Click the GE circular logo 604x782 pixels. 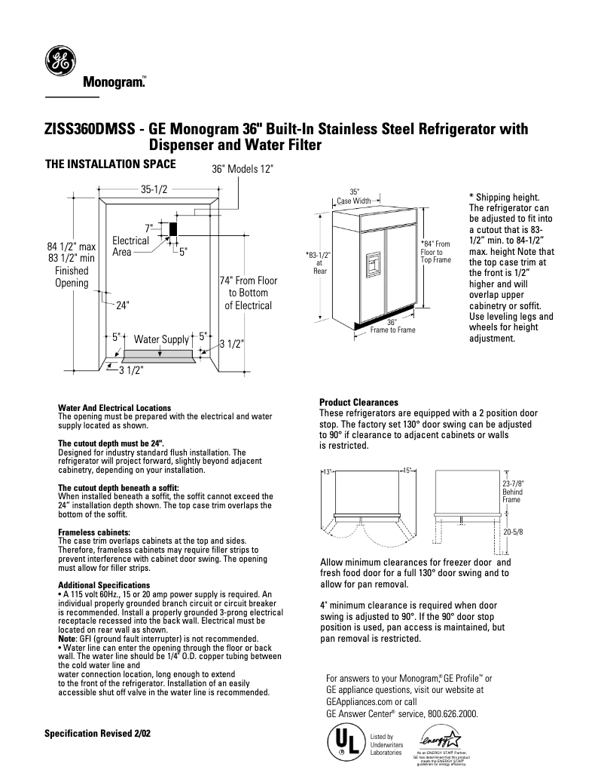57,60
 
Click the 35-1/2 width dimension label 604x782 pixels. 154,190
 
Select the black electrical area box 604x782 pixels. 172,228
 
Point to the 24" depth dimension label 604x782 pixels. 123,305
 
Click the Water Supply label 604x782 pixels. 160,339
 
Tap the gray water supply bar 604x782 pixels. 160,354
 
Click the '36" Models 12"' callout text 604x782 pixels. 239,171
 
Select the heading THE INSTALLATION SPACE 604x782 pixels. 111,163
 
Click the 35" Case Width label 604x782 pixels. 353,197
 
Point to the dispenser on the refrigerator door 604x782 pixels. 374,265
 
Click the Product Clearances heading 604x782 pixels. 358,402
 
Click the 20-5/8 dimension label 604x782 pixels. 513,532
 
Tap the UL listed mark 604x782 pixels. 344,742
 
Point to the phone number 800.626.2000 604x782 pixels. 444,713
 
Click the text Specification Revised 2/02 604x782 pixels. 97,733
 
